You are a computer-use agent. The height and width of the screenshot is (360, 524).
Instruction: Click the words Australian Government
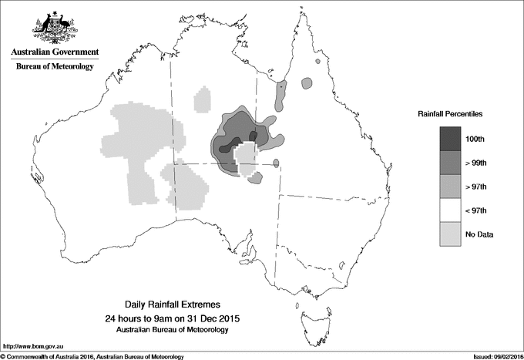click(x=54, y=52)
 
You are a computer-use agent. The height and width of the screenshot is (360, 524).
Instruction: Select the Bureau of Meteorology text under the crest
click(x=54, y=67)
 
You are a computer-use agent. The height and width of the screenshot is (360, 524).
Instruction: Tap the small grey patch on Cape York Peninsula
click(x=308, y=81)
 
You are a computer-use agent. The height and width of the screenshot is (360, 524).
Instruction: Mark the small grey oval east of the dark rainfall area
click(x=277, y=163)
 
